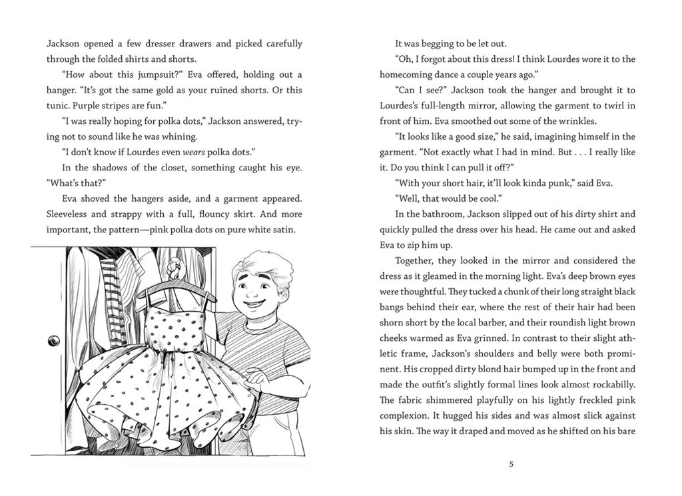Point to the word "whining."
175,136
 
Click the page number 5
510,464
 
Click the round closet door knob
53,340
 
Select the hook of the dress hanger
174,269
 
